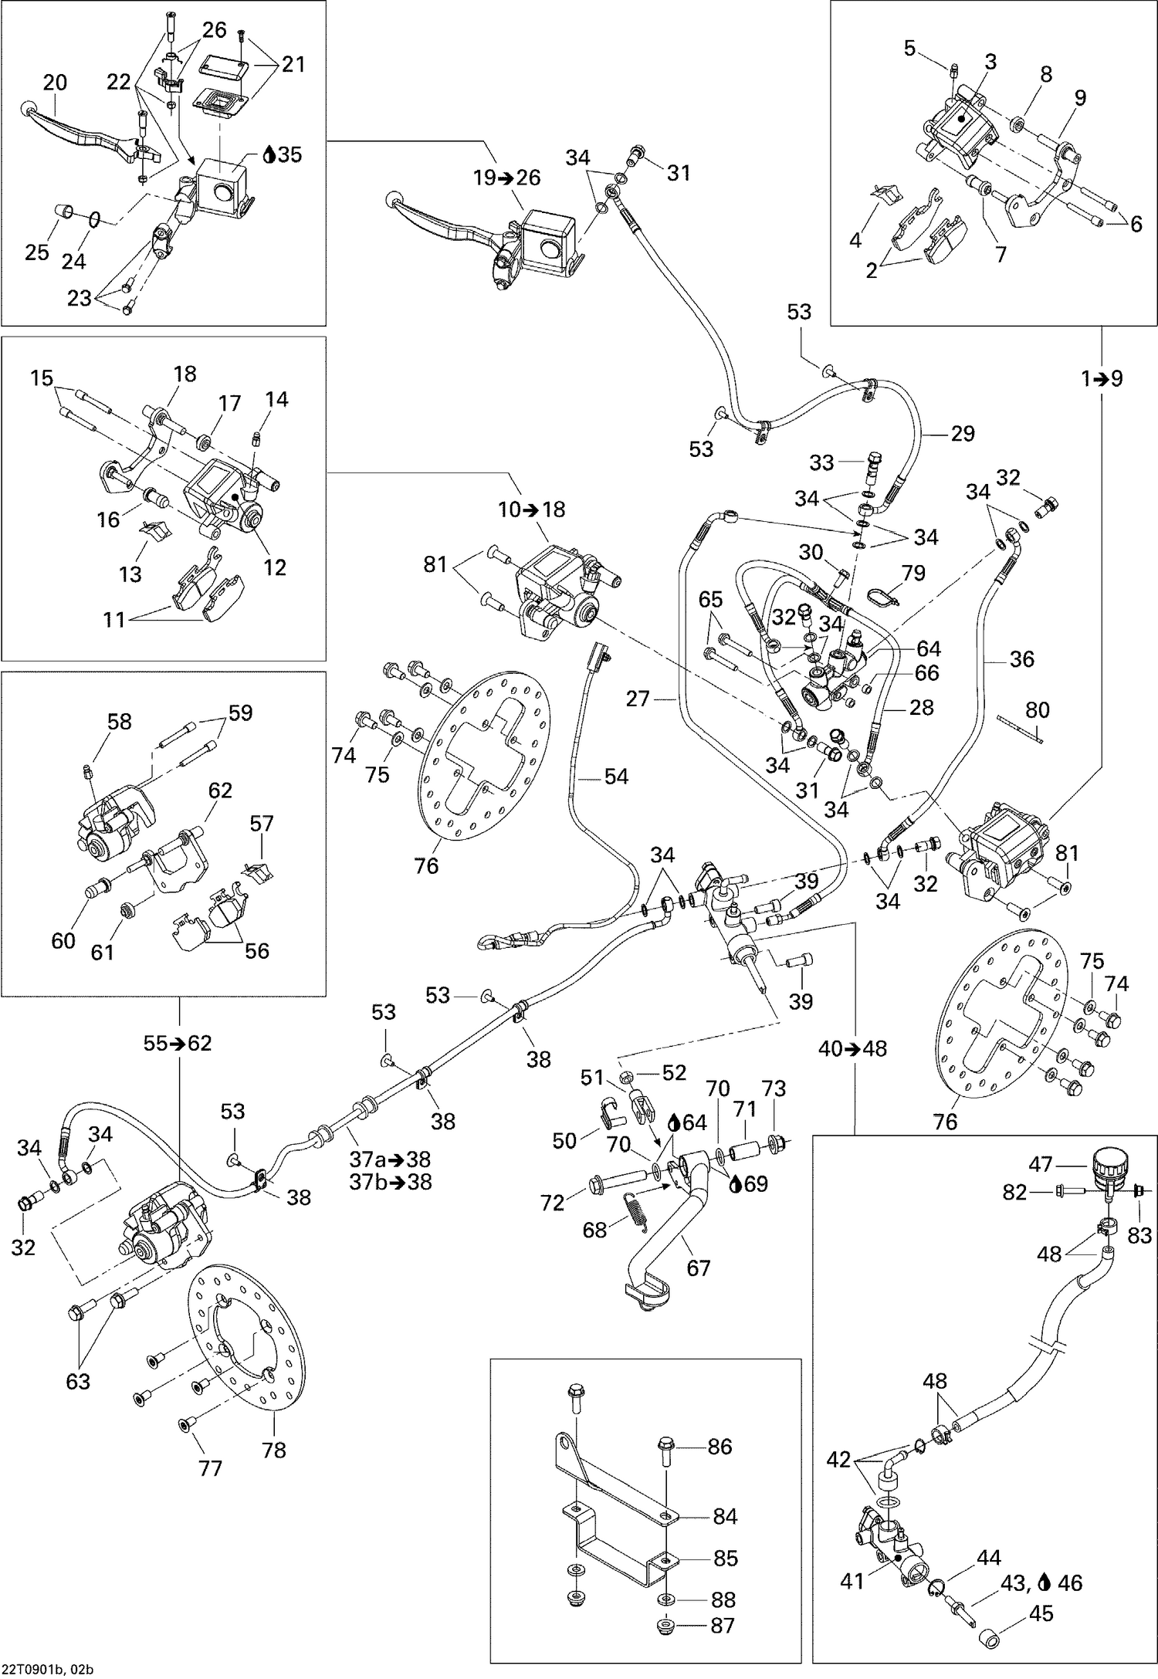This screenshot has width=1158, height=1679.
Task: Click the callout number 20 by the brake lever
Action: coord(55,83)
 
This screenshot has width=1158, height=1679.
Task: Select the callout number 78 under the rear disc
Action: coord(274,1451)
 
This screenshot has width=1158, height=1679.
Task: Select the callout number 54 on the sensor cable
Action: coord(616,777)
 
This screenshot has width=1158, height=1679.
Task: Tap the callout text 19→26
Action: coord(507,178)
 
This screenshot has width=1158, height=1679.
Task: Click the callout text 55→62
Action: coord(178,1044)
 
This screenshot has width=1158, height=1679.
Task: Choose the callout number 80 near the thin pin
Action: coord(1038,709)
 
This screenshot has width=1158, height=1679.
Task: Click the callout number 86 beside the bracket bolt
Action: coord(720,1447)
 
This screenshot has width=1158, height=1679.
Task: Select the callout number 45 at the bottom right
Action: coord(1040,1614)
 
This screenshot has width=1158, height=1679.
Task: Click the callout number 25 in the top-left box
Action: coord(37,252)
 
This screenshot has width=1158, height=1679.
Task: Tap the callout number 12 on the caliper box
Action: coord(275,567)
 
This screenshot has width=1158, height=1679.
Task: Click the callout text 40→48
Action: coord(853,1048)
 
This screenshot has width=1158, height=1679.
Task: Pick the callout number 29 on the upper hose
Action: coord(963,434)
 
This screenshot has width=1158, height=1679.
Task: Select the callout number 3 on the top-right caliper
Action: coord(990,62)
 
